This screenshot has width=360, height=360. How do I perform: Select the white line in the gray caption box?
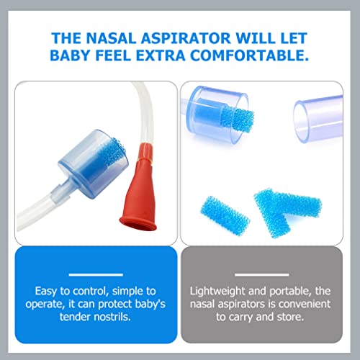pyautogui.click(x=269, y=274)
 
